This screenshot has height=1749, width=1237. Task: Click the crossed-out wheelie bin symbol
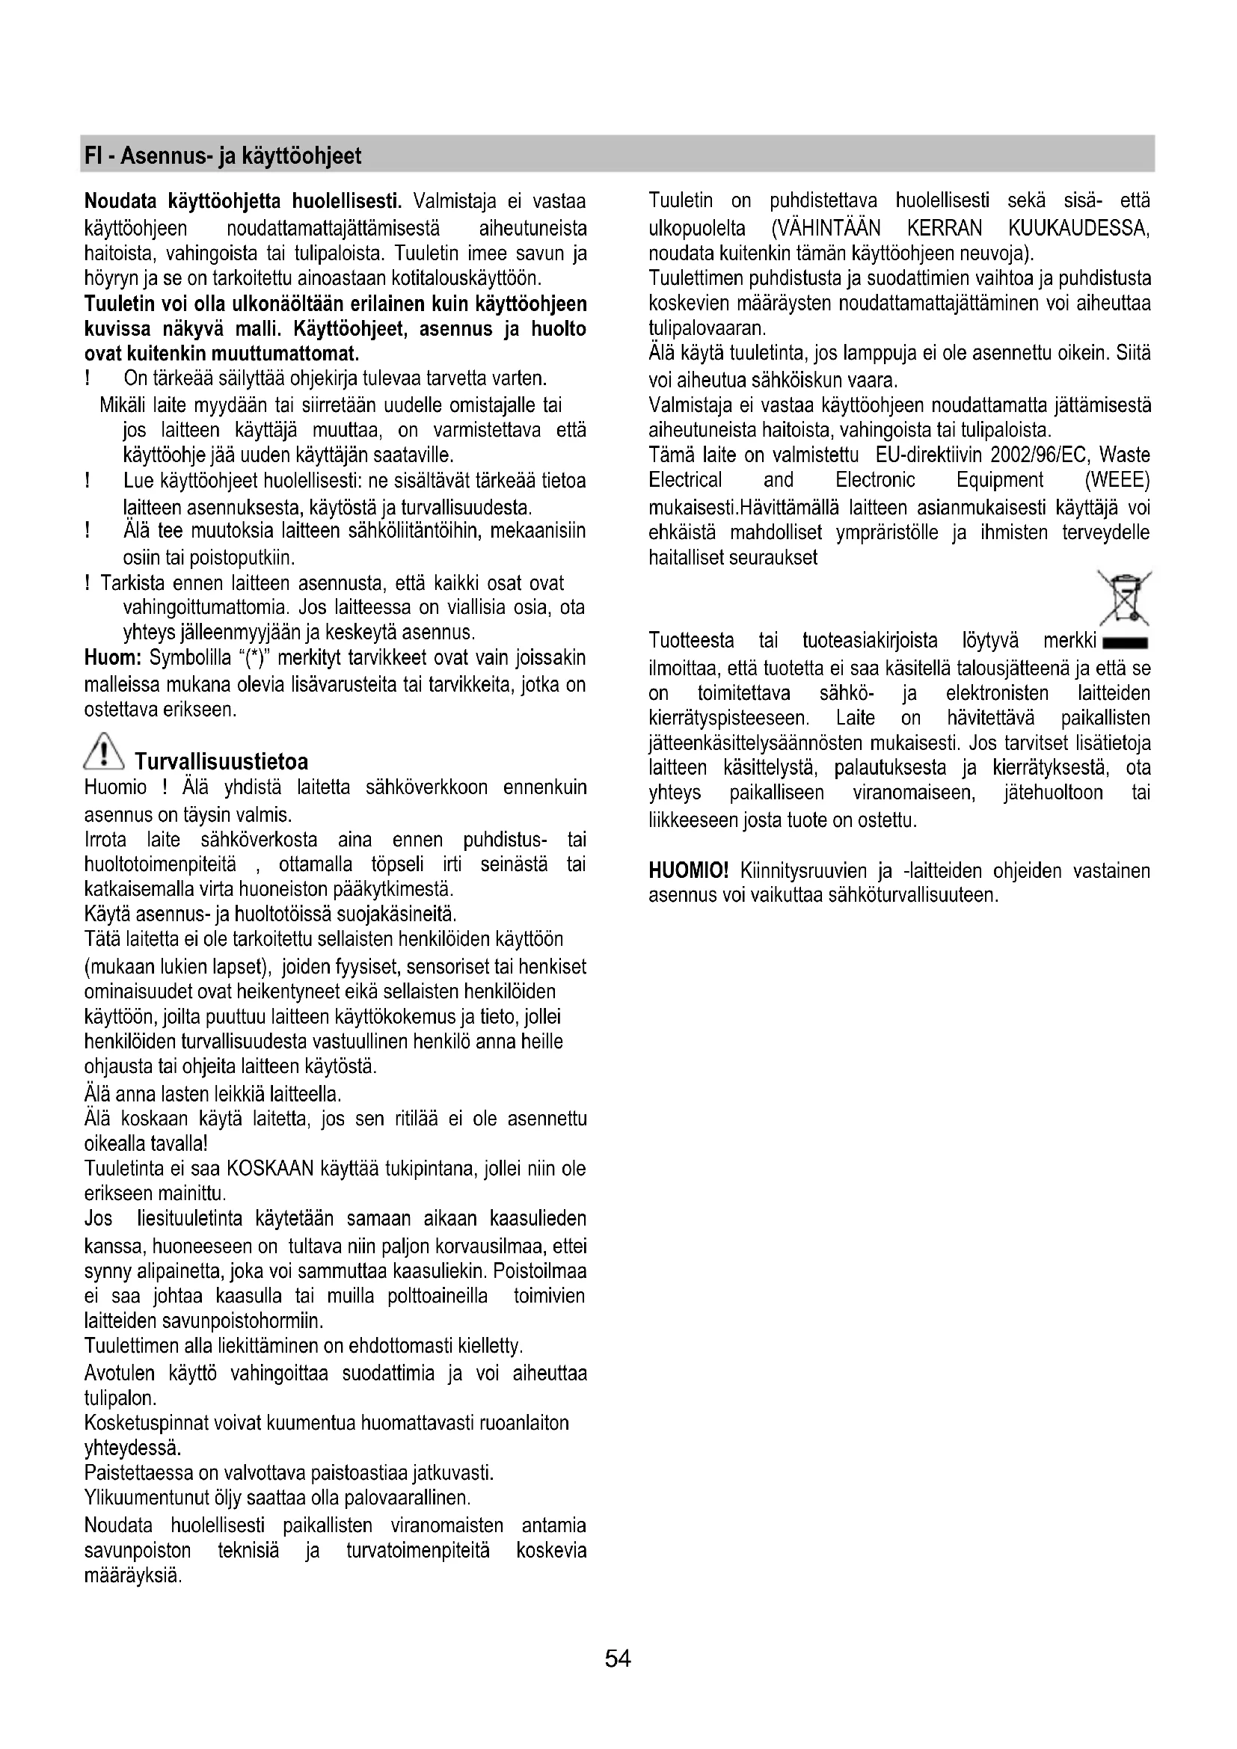1123,597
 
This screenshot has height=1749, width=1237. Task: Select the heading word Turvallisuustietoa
221,762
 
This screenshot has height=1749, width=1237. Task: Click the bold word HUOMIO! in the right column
689,870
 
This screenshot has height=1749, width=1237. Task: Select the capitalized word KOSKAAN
271,1169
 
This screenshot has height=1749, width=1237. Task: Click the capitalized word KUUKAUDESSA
1078,228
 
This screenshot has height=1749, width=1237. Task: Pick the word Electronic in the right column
875,481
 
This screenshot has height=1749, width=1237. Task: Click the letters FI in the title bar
92,156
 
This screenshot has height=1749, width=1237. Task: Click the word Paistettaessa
138,1473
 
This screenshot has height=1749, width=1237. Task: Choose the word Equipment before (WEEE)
999,481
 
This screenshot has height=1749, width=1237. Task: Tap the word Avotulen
120,1373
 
